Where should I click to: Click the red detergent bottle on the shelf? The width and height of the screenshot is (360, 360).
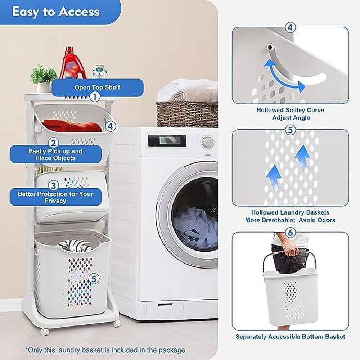73,64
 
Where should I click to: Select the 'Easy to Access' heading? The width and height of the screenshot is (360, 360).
56,12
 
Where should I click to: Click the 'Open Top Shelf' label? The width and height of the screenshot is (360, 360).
97,87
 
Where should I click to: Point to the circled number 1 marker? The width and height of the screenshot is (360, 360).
95,96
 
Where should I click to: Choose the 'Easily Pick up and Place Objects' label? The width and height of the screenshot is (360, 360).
55,154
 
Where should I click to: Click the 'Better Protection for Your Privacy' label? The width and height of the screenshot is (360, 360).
55,197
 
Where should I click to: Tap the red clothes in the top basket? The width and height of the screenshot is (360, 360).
72,126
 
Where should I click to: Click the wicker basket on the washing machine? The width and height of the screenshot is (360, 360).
187,114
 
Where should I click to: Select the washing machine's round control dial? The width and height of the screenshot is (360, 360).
208,143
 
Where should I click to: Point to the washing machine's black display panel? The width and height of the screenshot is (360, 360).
167,141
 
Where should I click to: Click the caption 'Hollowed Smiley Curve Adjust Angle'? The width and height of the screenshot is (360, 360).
290,114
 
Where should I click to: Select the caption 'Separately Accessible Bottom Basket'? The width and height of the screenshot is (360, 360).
290,337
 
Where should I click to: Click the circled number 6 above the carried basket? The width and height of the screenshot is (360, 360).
290,233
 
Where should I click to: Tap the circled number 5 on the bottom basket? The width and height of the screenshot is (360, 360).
94,279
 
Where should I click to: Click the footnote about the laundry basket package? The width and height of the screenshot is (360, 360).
106,350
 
